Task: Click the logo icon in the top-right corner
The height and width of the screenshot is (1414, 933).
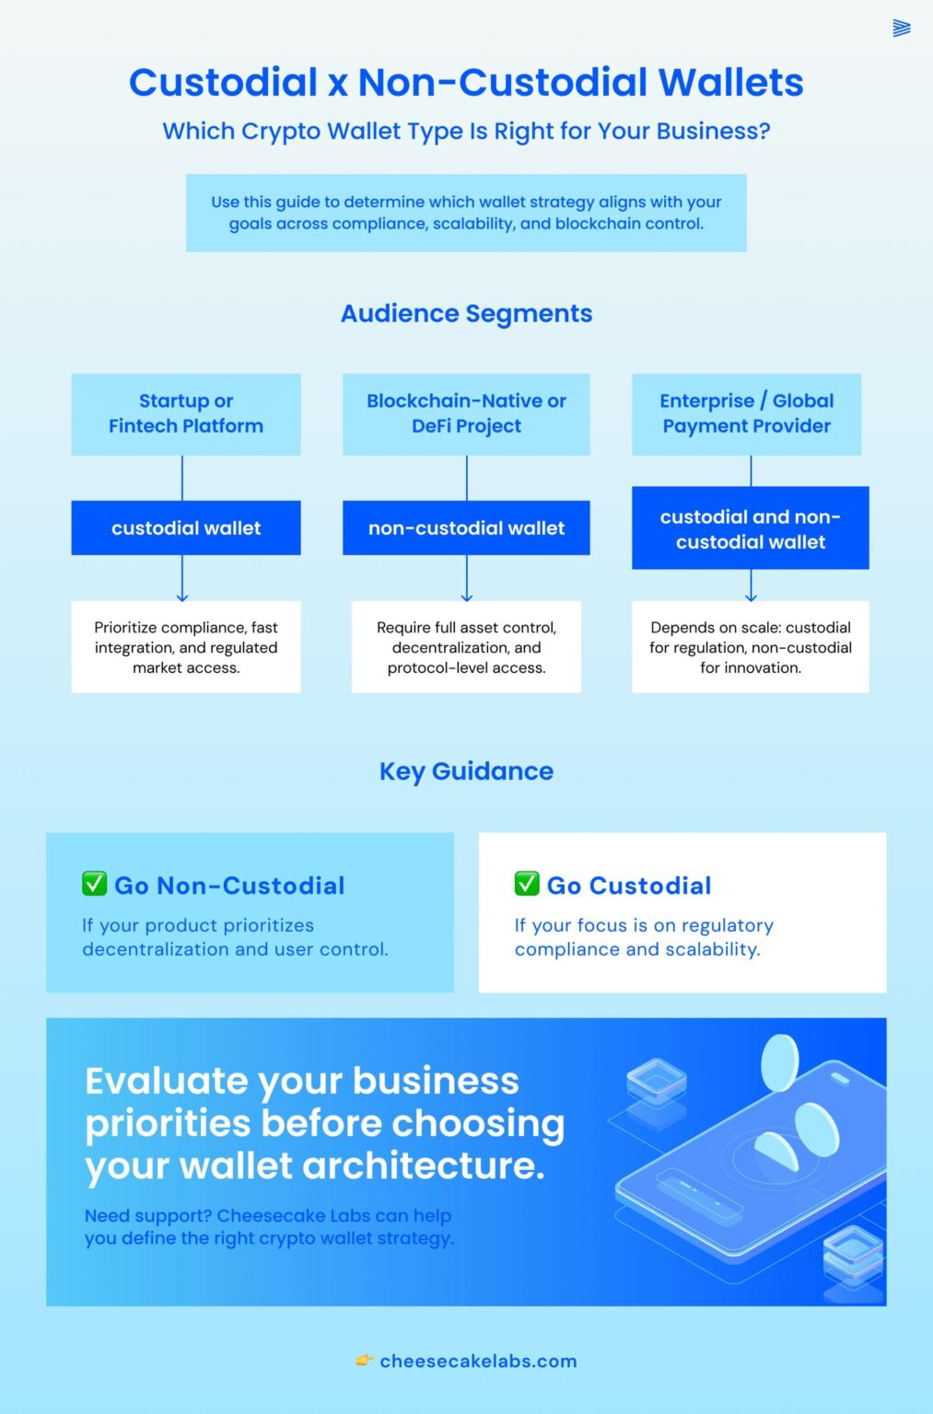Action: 902,29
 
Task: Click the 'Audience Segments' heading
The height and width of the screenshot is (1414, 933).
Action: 466,314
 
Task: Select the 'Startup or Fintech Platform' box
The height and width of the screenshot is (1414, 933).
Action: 186,413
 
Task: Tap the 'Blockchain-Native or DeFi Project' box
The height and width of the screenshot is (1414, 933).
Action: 466,413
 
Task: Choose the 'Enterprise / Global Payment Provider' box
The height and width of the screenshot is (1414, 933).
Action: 746,413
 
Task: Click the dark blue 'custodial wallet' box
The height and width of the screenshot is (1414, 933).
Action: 186,528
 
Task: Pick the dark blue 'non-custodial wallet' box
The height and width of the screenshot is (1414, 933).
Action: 466,528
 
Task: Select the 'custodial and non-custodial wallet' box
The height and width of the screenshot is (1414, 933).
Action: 750,529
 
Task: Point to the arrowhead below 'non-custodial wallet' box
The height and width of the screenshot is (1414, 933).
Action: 467,597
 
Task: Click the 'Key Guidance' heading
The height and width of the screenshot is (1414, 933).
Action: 466,771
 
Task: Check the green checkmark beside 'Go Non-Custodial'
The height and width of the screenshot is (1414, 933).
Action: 94,884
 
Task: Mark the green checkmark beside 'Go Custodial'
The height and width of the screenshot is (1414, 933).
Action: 527,884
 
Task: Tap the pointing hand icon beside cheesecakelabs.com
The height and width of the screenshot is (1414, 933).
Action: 365,1361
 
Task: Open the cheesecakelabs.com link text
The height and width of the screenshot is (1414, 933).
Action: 478,1362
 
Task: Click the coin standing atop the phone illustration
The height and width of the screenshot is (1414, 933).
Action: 779,1061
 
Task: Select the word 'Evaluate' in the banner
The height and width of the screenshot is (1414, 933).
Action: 166,1082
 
